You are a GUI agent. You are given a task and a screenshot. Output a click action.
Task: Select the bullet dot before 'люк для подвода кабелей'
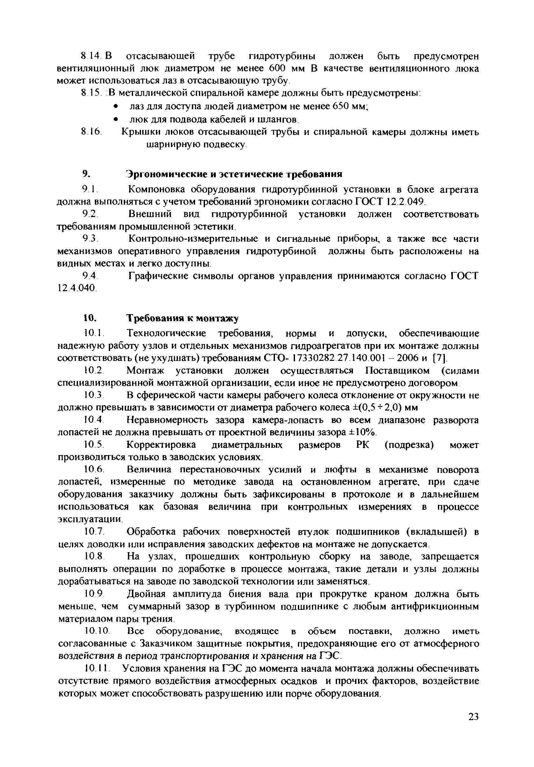116,119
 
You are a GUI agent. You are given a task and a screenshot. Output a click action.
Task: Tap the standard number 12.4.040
77,287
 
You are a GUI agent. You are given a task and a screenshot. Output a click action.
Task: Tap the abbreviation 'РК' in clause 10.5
363,445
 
